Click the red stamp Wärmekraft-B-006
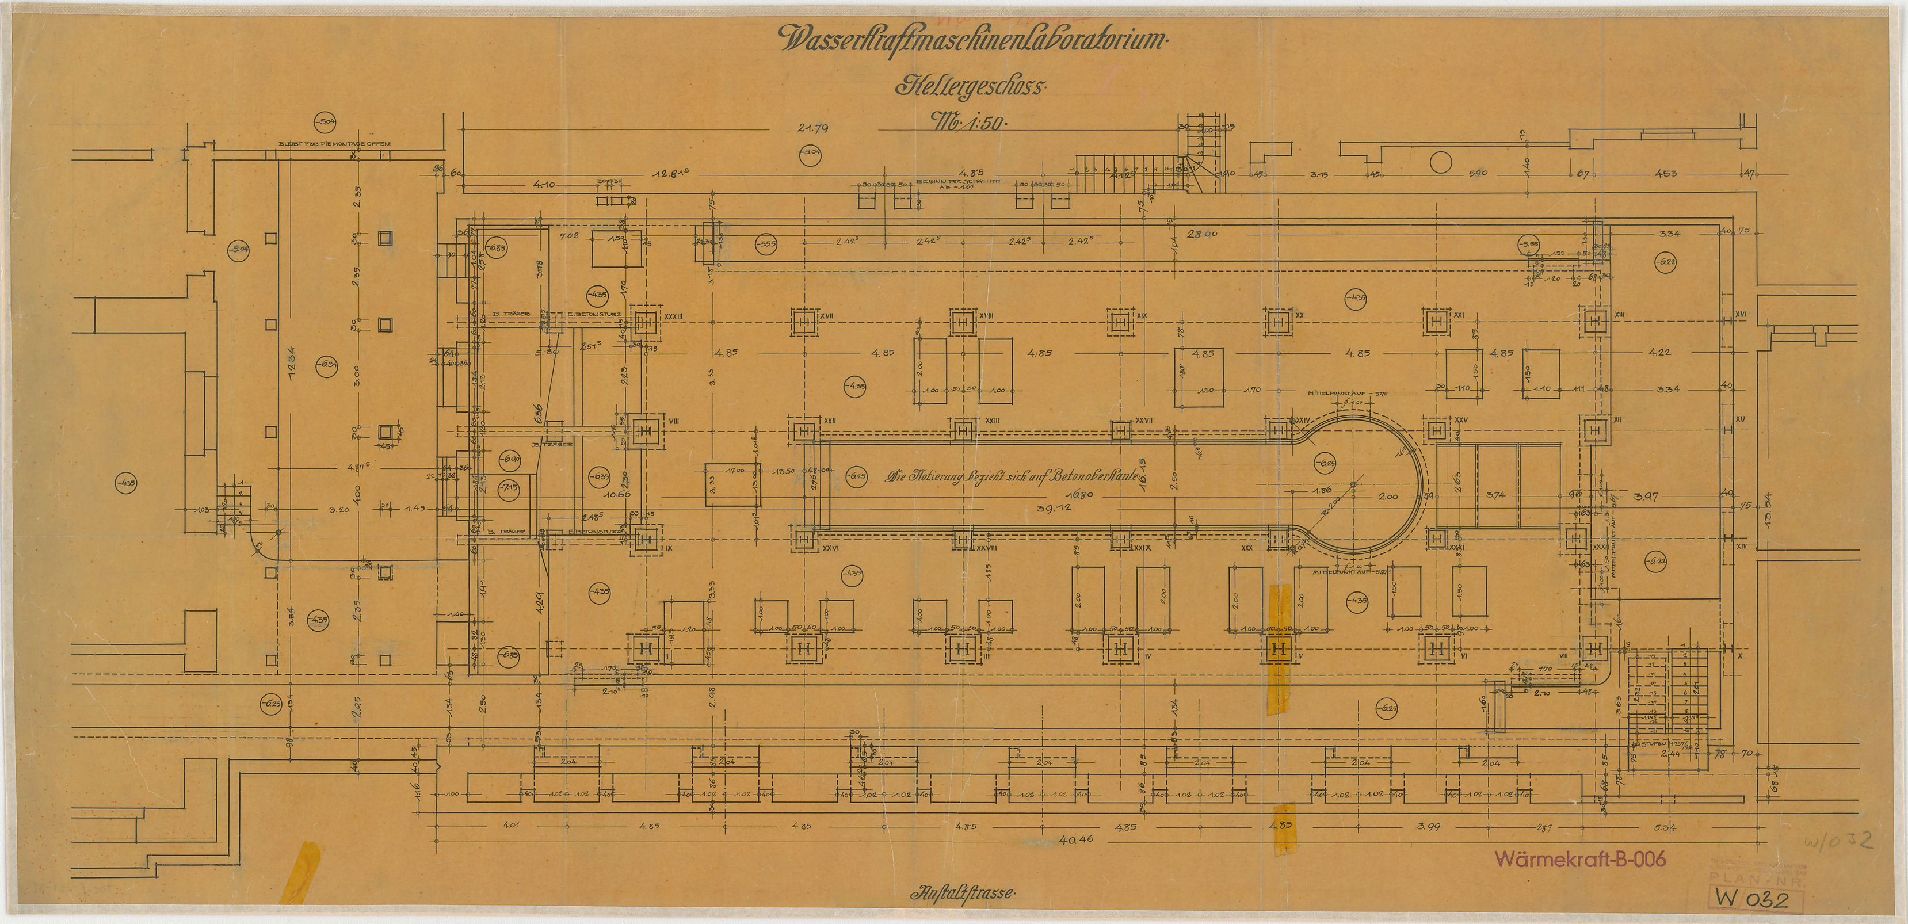(1580, 859)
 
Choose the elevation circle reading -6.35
(598, 476)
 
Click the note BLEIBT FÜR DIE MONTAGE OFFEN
(335, 144)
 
